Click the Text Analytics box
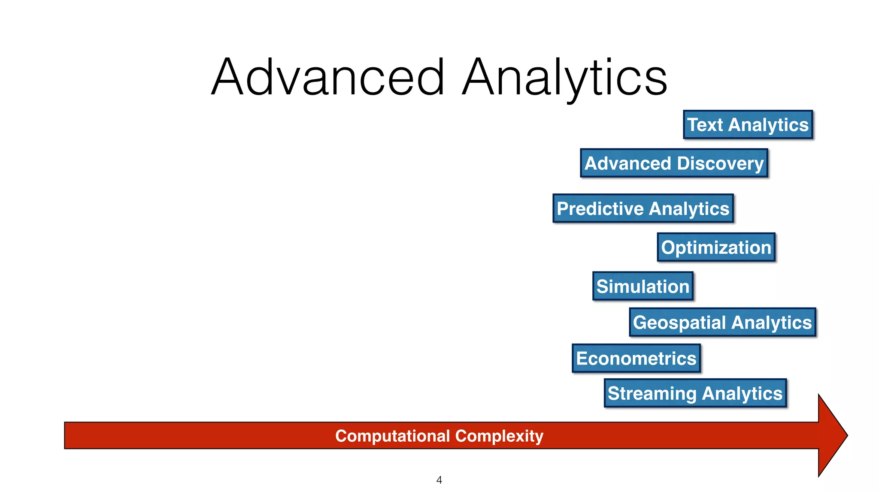(748, 125)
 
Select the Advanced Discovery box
(674, 163)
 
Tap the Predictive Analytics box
(643, 208)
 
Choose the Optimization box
(716, 247)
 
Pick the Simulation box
(643, 286)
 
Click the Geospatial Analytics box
(722, 322)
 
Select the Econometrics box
(636, 358)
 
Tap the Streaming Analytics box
(695, 393)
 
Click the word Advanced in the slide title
(328, 77)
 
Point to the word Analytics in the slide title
(564, 77)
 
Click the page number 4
(439, 480)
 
